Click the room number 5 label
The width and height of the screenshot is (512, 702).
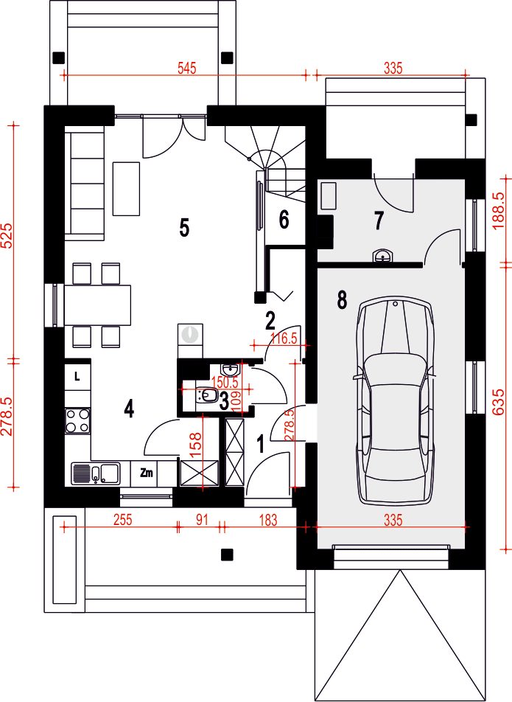click(184, 228)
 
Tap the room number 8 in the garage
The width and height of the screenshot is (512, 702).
click(342, 300)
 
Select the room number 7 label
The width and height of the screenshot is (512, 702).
click(379, 220)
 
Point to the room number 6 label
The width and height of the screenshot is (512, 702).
click(284, 220)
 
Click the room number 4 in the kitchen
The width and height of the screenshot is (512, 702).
click(129, 409)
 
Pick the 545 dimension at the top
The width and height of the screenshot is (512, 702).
click(187, 69)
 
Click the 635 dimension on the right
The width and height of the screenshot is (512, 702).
click(499, 402)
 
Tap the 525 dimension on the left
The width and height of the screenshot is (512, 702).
click(7, 235)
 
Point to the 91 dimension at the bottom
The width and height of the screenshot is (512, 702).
click(202, 520)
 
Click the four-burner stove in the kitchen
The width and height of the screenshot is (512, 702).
click(77, 421)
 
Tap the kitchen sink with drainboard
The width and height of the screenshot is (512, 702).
click(95, 473)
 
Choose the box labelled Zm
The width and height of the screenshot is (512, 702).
click(146, 473)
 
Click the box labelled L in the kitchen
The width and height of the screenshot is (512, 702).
click(78, 377)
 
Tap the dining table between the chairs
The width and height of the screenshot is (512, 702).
click(98, 305)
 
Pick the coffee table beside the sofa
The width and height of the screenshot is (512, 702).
click(126, 189)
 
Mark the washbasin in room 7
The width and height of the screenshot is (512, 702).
click(383, 256)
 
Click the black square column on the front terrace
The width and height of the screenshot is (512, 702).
click(228, 555)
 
